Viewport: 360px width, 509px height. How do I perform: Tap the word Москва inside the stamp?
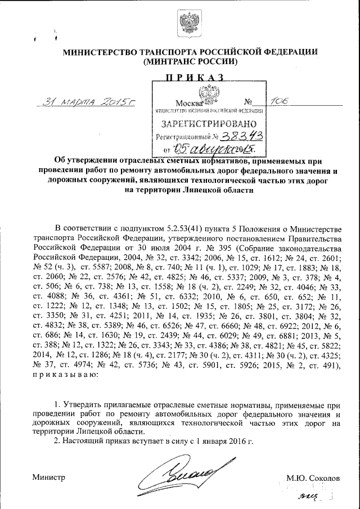point(188,103)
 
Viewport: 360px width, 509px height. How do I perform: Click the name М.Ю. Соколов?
point(313,478)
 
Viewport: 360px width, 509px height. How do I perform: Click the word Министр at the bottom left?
point(49,477)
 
